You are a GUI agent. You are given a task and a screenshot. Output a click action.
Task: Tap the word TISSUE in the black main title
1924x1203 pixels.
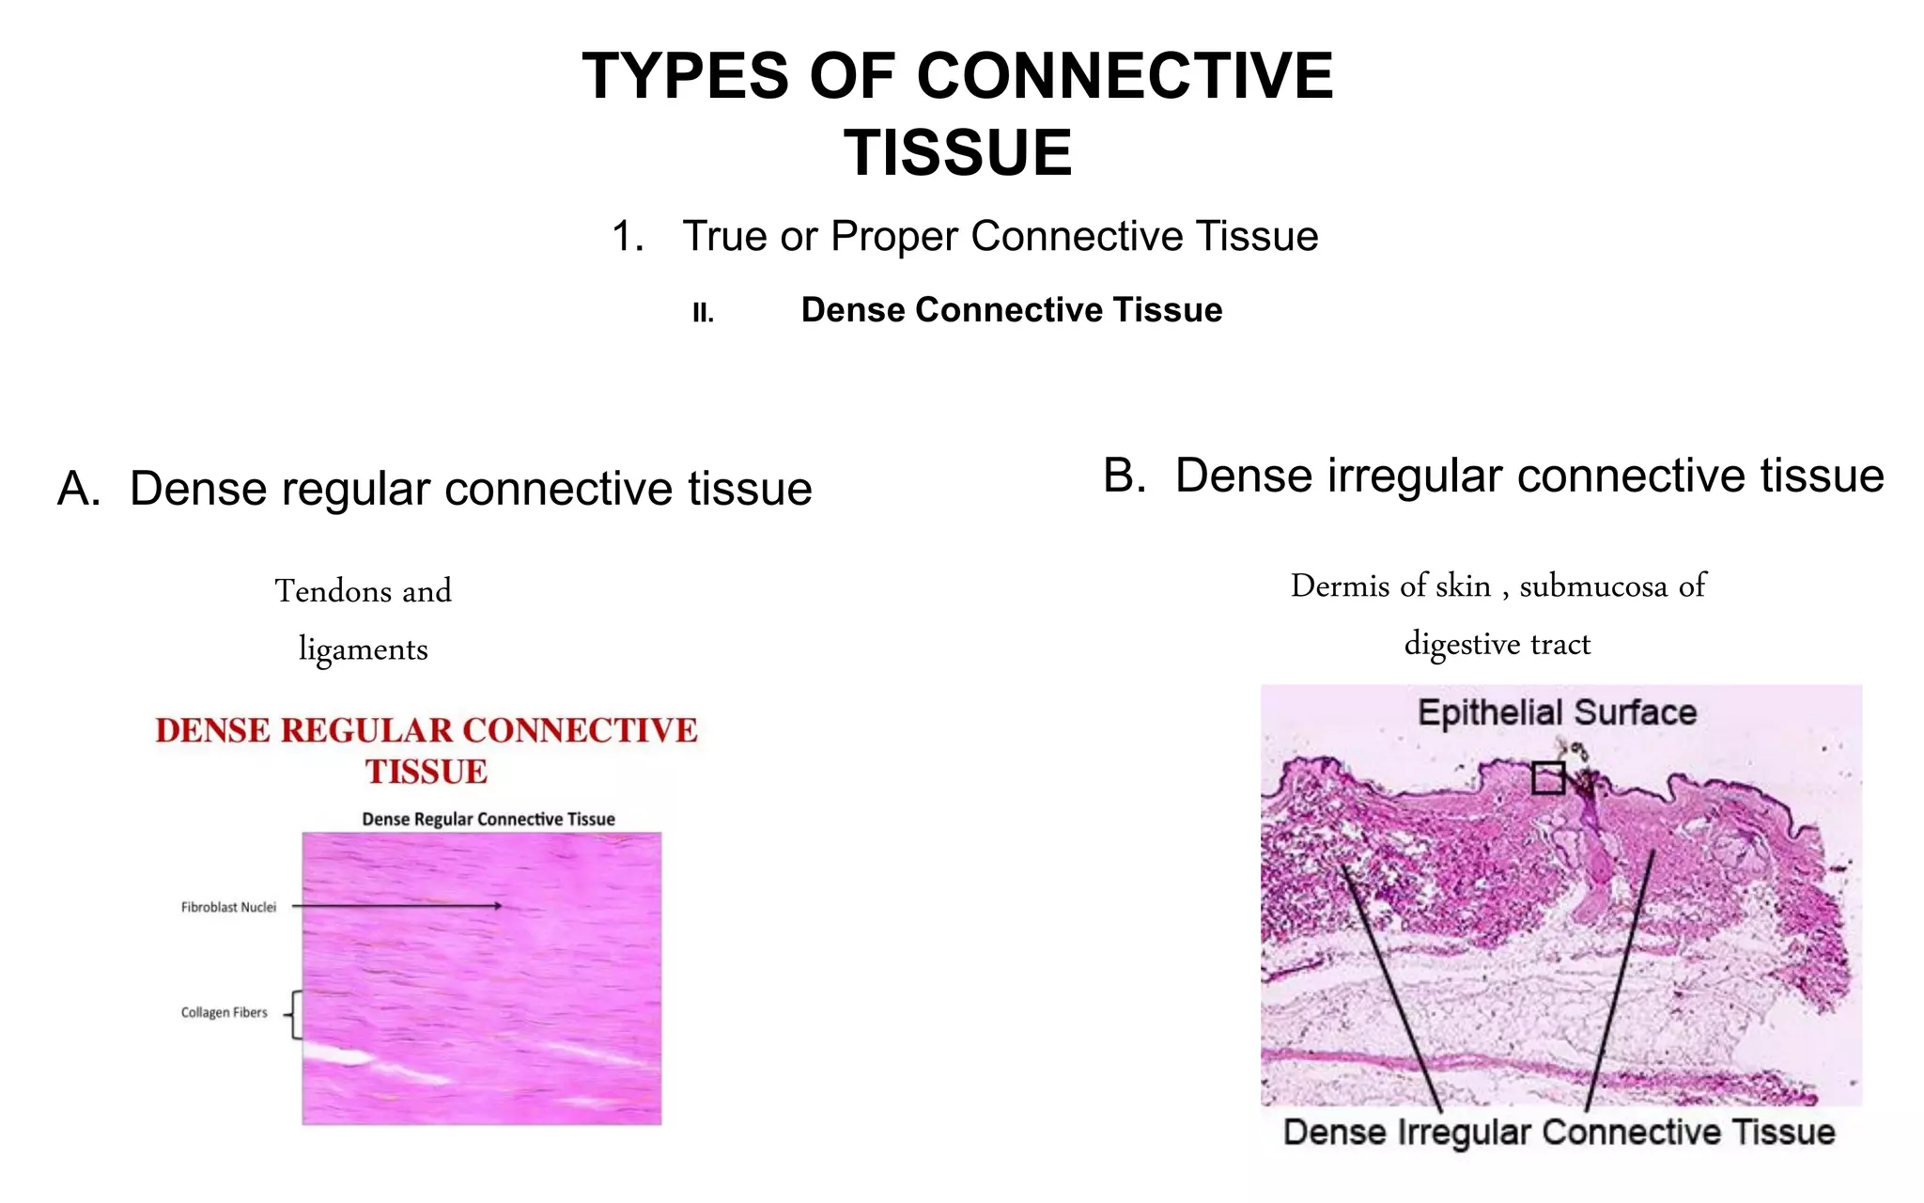point(958,153)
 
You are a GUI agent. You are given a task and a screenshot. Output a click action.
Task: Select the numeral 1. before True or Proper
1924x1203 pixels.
point(628,236)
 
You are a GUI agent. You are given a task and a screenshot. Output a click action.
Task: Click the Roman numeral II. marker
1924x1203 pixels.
point(703,313)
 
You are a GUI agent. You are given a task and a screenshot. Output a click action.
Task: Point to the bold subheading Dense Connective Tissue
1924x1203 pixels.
point(1011,310)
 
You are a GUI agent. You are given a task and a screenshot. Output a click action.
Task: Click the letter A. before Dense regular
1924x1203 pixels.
point(79,489)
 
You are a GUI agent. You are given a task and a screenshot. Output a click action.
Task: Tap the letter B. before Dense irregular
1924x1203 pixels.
point(1125,476)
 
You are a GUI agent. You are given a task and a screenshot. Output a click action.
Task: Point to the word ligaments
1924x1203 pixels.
point(363,648)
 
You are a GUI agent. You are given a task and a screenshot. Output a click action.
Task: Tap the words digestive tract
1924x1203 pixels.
point(1497,644)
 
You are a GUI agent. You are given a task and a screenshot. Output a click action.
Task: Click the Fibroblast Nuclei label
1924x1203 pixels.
point(228,907)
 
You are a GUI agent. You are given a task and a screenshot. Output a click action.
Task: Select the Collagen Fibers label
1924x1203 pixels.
point(224,1012)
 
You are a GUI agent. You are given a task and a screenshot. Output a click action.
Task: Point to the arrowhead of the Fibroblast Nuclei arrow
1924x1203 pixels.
point(497,906)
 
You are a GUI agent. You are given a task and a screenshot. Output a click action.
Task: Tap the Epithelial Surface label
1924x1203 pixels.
point(1557,712)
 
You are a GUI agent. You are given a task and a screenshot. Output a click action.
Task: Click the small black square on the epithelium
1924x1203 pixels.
point(1548,777)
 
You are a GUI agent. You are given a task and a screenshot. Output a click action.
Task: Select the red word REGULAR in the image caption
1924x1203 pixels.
point(361,730)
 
